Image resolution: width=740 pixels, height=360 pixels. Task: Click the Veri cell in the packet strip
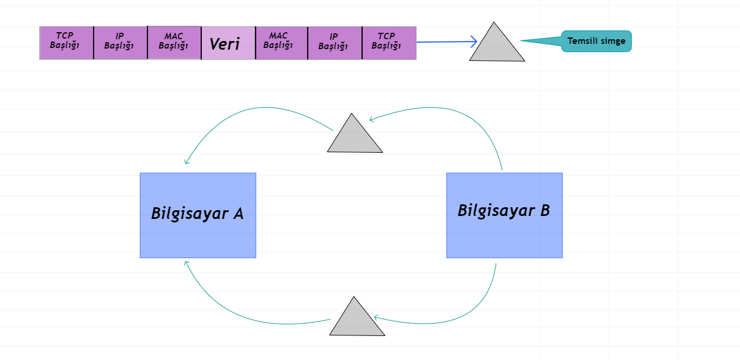pyautogui.click(x=228, y=43)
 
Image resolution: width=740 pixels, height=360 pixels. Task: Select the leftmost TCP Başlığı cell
pyautogui.click(x=66, y=43)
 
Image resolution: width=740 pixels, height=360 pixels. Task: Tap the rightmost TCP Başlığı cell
pyautogui.click(x=389, y=43)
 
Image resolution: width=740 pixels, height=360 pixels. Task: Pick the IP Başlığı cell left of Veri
pyautogui.click(x=120, y=43)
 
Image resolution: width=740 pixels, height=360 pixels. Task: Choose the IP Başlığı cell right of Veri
pyautogui.click(x=335, y=43)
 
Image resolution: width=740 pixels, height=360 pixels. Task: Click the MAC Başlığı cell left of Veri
pyautogui.click(x=174, y=43)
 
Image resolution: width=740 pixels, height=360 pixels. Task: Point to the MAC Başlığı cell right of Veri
pyautogui.click(x=281, y=43)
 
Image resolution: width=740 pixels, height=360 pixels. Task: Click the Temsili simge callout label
pyautogui.click(x=596, y=41)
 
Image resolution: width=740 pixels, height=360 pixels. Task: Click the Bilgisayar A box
pyautogui.click(x=198, y=215)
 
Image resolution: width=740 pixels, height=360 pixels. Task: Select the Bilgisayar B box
pyautogui.click(x=504, y=215)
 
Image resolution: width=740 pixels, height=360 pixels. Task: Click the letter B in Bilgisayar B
pyautogui.click(x=544, y=211)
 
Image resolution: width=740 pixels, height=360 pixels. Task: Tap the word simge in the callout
pyautogui.click(x=613, y=41)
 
